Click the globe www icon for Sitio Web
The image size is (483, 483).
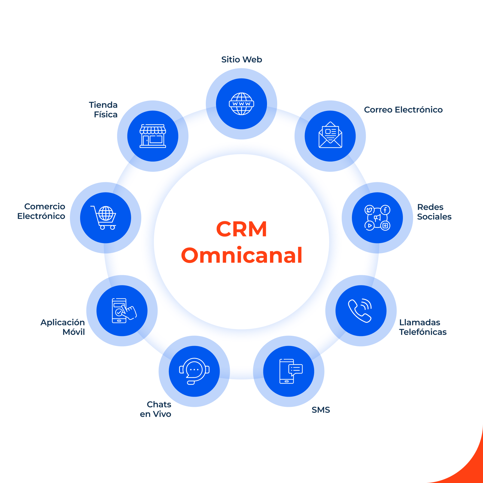[241, 104]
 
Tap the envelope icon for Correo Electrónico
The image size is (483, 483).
[330, 135]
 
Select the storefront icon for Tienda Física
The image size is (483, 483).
[153, 136]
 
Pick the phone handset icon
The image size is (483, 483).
[360, 311]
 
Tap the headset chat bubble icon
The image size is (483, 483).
[194, 371]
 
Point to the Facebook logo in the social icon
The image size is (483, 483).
[385, 210]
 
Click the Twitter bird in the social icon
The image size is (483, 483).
[369, 210]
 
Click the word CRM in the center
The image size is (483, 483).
[241, 229]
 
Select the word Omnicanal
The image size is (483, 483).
[242, 255]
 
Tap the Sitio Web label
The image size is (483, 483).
[241, 60]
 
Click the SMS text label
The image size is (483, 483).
[321, 410]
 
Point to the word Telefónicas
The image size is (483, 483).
[423, 332]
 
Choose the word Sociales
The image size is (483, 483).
[434, 217]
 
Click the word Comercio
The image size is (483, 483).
[45, 207]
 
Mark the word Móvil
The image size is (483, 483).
[74, 332]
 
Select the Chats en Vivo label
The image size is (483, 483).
[156, 409]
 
